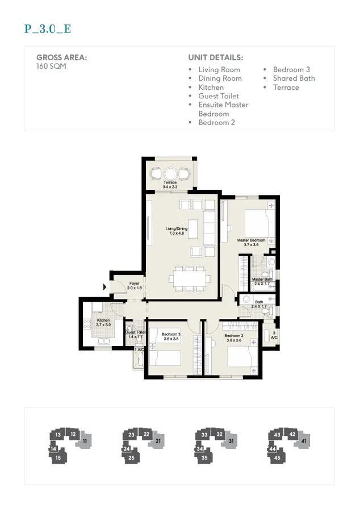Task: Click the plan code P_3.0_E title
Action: tap(48, 29)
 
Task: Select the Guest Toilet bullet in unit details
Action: tap(219, 96)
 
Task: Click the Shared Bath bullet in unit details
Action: tap(294, 78)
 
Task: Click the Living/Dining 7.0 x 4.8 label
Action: tap(177, 231)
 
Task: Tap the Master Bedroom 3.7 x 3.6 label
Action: tap(251, 242)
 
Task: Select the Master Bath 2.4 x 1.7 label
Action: tap(262, 281)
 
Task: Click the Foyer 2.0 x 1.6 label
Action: tap(135, 285)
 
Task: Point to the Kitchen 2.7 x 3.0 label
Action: tap(103, 323)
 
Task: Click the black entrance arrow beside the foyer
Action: tap(104, 288)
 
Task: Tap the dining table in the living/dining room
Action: tap(190, 278)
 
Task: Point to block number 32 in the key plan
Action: tap(220, 435)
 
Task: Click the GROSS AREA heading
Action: tap(62, 57)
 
